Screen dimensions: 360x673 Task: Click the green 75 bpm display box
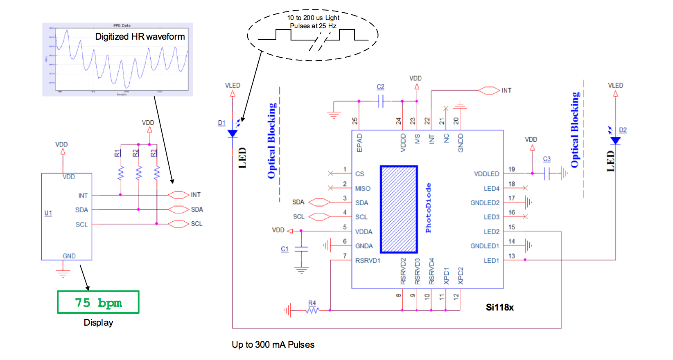[x=98, y=302]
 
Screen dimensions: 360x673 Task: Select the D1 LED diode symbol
[x=233, y=133]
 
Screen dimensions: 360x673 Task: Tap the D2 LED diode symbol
[x=615, y=140]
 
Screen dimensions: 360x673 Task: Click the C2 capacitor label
[x=380, y=87]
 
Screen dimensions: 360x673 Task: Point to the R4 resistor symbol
[x=312, y=310]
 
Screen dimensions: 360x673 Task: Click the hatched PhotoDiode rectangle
[x=399, y=209]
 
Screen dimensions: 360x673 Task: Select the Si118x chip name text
[x=499, y=307]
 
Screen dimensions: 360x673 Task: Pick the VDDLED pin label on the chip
[x=486, y=174]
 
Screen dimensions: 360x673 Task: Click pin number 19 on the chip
[x=512, y=169]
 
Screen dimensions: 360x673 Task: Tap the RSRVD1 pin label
[x=368, y=261]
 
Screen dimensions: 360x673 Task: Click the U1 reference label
[x=48, y=213]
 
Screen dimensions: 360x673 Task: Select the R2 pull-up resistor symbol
[x=139, y=173]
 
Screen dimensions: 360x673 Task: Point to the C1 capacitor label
[x=285, y=249]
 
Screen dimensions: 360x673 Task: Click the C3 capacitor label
[x=547, y=159]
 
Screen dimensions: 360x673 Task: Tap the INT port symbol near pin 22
[x=489, y=90]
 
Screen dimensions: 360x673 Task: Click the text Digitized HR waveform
[x=140, y=36]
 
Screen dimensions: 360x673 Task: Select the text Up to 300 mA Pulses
[x=273, y=344]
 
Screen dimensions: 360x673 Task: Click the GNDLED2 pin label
[x=485, y=203]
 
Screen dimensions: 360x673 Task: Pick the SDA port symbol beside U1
[x=178, y=209]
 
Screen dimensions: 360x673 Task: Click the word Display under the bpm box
[x=98, y=322]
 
